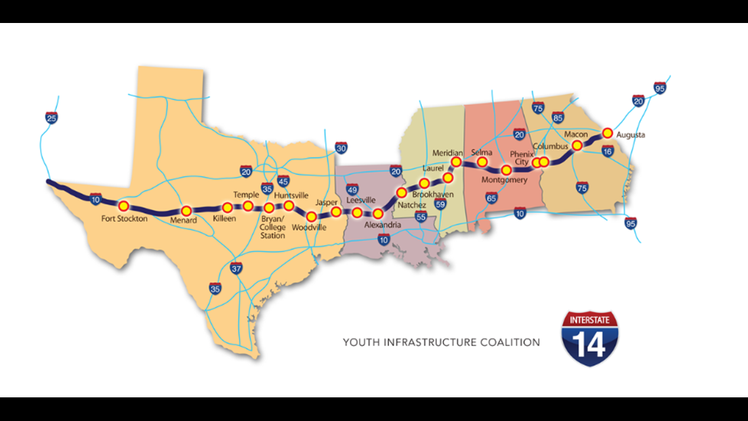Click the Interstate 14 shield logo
point(589,339)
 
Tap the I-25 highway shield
point(51,118)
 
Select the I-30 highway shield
point(341,148)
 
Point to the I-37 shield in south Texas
point(237,268)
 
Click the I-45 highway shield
point(283,181)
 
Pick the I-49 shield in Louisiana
point(351,190)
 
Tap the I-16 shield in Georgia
point(608,151)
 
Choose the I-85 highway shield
point(558,119)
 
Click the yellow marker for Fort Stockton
point(123,206)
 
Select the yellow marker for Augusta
point(607,133)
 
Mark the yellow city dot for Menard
point(186,211)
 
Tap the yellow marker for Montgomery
point(506,170)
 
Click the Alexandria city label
point(383,225)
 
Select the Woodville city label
point(308,227)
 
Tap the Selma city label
point(481,152)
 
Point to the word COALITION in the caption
point(510,342)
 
